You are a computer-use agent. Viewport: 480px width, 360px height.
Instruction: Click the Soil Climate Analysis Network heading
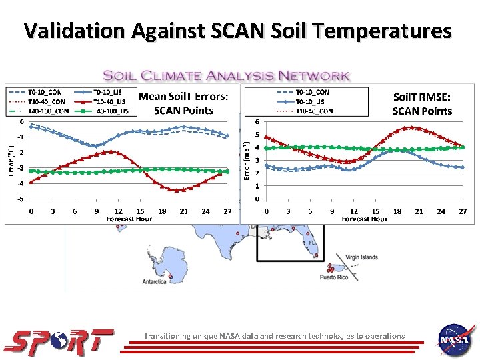click(226, 76)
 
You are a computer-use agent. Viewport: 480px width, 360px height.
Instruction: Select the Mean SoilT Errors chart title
click(183, 103)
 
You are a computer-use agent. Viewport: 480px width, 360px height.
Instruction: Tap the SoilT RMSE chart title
click(422, 104)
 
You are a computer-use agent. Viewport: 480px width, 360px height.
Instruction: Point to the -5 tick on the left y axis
click(21, 199)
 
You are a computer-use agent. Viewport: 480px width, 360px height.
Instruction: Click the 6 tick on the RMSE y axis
click(258, 121)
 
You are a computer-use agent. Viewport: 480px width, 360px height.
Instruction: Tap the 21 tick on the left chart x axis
click(184, 211)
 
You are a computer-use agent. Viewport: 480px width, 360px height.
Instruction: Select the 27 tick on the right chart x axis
click(462, 211)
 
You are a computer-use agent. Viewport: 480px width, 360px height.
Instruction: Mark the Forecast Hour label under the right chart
click(364, 219)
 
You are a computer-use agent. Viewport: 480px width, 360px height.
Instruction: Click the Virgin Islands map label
click(361, 257)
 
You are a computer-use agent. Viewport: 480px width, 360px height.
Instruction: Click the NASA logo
click(455, 340)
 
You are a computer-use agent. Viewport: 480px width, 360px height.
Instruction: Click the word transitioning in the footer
click(171, 336)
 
